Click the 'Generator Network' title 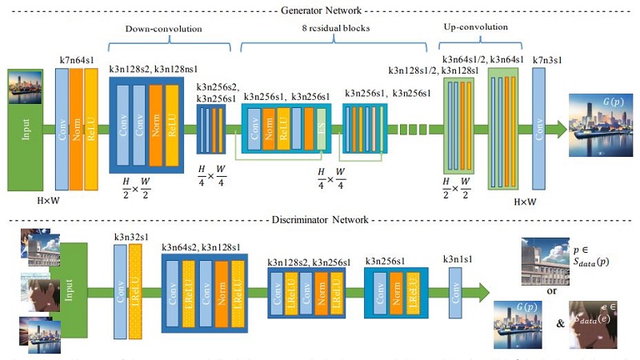pos(320,10)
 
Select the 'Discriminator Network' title pos(320,218)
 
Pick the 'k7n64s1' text pos(77,61)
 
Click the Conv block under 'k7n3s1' pos(538,128)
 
